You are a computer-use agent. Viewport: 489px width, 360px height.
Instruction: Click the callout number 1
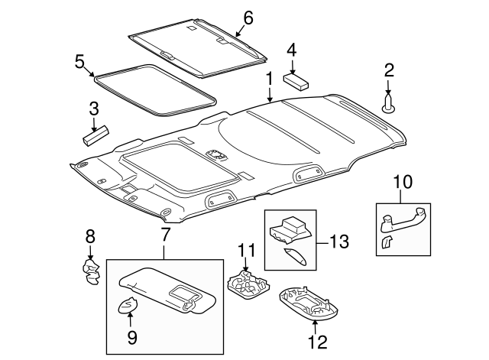268,79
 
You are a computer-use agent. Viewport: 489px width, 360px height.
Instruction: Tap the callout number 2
389,71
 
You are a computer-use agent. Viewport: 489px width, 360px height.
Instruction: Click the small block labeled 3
95,136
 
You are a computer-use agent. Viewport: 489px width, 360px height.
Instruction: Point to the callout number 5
78,60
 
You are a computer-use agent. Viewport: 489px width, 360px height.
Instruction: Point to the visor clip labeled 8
91,271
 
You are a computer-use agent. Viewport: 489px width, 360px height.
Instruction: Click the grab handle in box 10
403,221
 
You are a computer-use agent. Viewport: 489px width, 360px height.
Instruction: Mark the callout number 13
339,242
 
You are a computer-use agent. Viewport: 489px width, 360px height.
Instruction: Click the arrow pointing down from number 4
291,63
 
